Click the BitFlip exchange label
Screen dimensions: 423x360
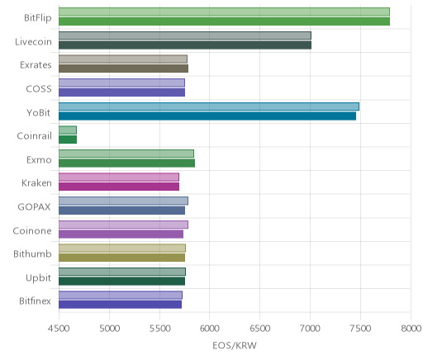[x=38, y=18]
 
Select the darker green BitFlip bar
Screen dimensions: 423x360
[x=224, y=21]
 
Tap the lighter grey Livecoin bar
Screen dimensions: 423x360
[x=185, y=36]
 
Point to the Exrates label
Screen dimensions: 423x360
[x=36, y=65]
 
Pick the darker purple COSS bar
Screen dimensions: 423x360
[x=121, y=92]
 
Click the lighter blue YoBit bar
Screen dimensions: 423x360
[x=209, y=107]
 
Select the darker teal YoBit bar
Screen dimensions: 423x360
[x=207, y=116]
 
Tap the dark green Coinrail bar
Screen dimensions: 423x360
[x=68, y=140]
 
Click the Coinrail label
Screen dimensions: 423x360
[x=34, y=136]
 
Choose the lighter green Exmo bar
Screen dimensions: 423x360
[x=126, y=154]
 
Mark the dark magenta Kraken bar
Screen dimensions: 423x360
[x=119, y=187]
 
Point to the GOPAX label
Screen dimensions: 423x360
[x=34, y=207]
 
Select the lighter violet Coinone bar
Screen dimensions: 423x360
[x=123, y=225]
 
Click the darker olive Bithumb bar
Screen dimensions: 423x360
[x=121, y=258]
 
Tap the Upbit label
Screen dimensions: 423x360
[x=38, y=278]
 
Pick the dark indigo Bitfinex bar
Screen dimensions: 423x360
[x=120, y=305]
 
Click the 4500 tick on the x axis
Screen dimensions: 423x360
[x=59, y=329]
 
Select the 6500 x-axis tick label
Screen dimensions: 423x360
[x=259, y=329]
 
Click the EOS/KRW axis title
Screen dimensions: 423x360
[x=235, y=346]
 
